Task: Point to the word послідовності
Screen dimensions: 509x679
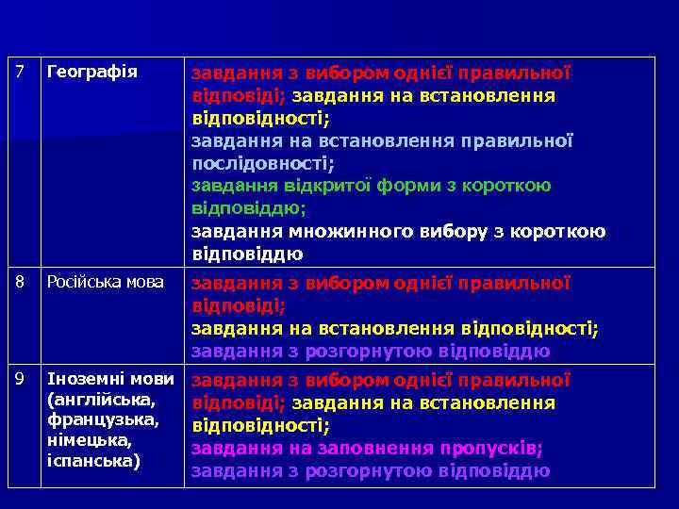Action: coord(259,163)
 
